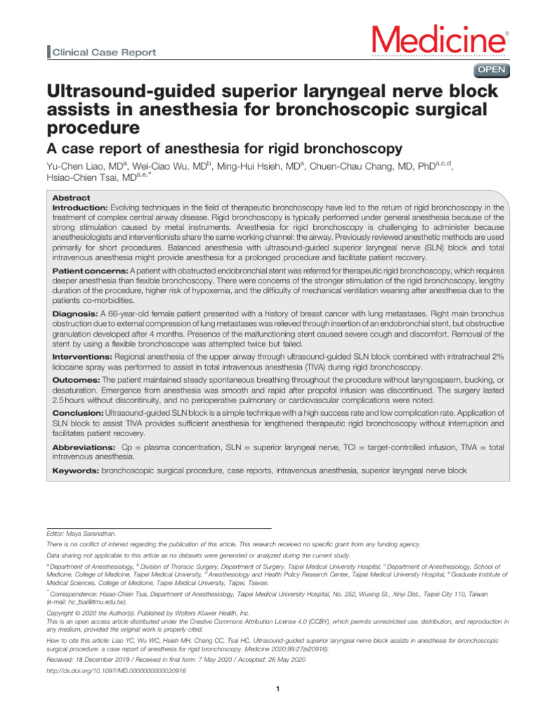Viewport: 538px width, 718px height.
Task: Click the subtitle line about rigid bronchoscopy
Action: click(224, 148)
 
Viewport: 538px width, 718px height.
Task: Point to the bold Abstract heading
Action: click(72, 198)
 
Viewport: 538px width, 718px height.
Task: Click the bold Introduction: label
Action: click(81, 208)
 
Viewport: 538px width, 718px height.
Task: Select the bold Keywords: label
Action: click(76, 471)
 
